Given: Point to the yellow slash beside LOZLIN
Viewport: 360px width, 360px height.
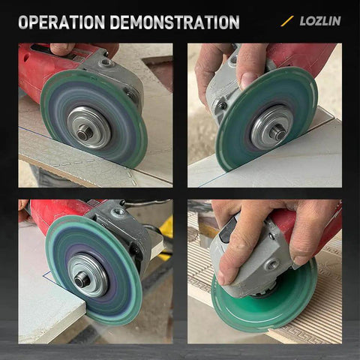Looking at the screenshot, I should (286, 21).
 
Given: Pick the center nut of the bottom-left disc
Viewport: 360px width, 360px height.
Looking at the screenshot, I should (82, 279).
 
